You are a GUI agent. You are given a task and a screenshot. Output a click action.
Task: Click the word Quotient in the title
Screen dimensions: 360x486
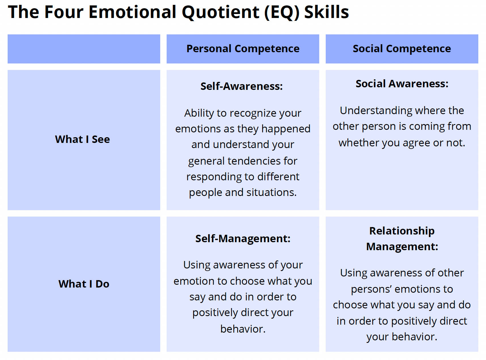220,12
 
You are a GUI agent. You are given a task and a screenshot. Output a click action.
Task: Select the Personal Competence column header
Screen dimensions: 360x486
243,49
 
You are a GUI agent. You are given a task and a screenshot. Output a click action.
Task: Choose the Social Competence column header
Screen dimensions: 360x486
402,49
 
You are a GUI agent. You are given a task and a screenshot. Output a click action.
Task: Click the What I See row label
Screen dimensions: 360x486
82,139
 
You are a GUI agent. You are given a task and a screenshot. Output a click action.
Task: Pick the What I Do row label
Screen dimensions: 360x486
84,284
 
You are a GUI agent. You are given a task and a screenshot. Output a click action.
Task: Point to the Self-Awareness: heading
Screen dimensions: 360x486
241,86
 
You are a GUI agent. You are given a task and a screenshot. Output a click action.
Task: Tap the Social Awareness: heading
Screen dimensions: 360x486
402,84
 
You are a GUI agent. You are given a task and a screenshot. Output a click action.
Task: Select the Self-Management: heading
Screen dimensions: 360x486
243,238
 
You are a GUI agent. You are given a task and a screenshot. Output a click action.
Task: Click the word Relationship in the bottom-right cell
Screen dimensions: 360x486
402,231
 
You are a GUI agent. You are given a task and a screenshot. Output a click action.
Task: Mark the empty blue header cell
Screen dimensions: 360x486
84,49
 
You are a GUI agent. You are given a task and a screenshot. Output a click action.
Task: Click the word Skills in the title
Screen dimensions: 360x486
326,12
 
